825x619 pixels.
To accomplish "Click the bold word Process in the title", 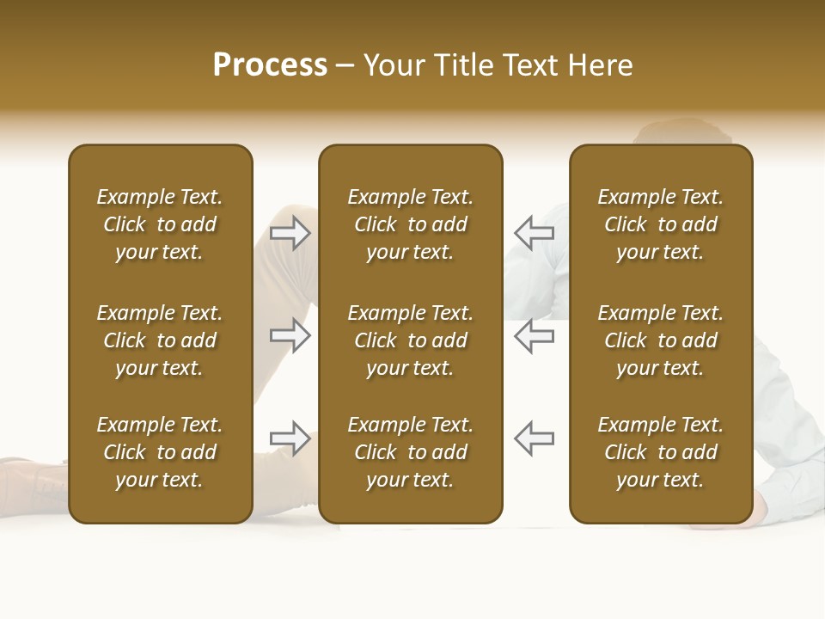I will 270,65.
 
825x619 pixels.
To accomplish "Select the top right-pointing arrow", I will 290,233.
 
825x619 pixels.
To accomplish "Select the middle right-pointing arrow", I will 290,335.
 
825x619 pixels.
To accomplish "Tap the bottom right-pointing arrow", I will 290,438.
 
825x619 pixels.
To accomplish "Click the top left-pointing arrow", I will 535,233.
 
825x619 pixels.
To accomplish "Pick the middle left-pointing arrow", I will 535,335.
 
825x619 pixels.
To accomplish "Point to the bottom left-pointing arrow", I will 535,438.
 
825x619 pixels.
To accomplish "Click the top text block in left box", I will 160,224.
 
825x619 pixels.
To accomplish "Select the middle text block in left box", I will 160,340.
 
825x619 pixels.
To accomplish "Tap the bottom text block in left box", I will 160,452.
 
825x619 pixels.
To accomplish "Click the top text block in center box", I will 410,224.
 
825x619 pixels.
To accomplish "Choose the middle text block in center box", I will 410,340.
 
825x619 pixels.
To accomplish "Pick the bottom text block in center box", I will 410,452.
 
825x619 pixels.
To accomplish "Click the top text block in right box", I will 661,224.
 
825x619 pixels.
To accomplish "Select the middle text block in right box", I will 661,340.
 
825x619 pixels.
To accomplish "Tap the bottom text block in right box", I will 661,452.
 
